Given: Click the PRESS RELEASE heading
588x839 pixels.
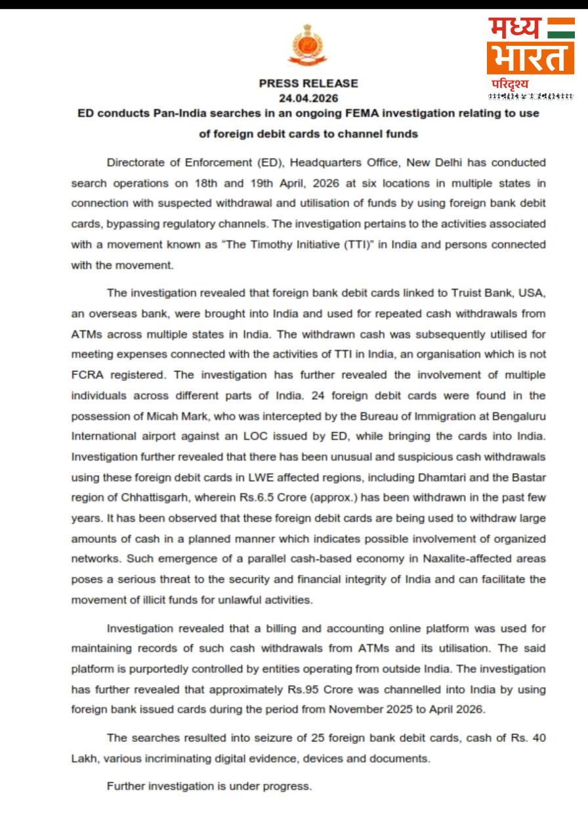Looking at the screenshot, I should pos(308,83).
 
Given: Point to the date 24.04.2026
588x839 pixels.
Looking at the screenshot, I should pos(308,98).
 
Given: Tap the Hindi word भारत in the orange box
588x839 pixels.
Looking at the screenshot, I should pos(530,58).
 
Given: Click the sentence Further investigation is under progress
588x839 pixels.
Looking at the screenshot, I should pos(209,786).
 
